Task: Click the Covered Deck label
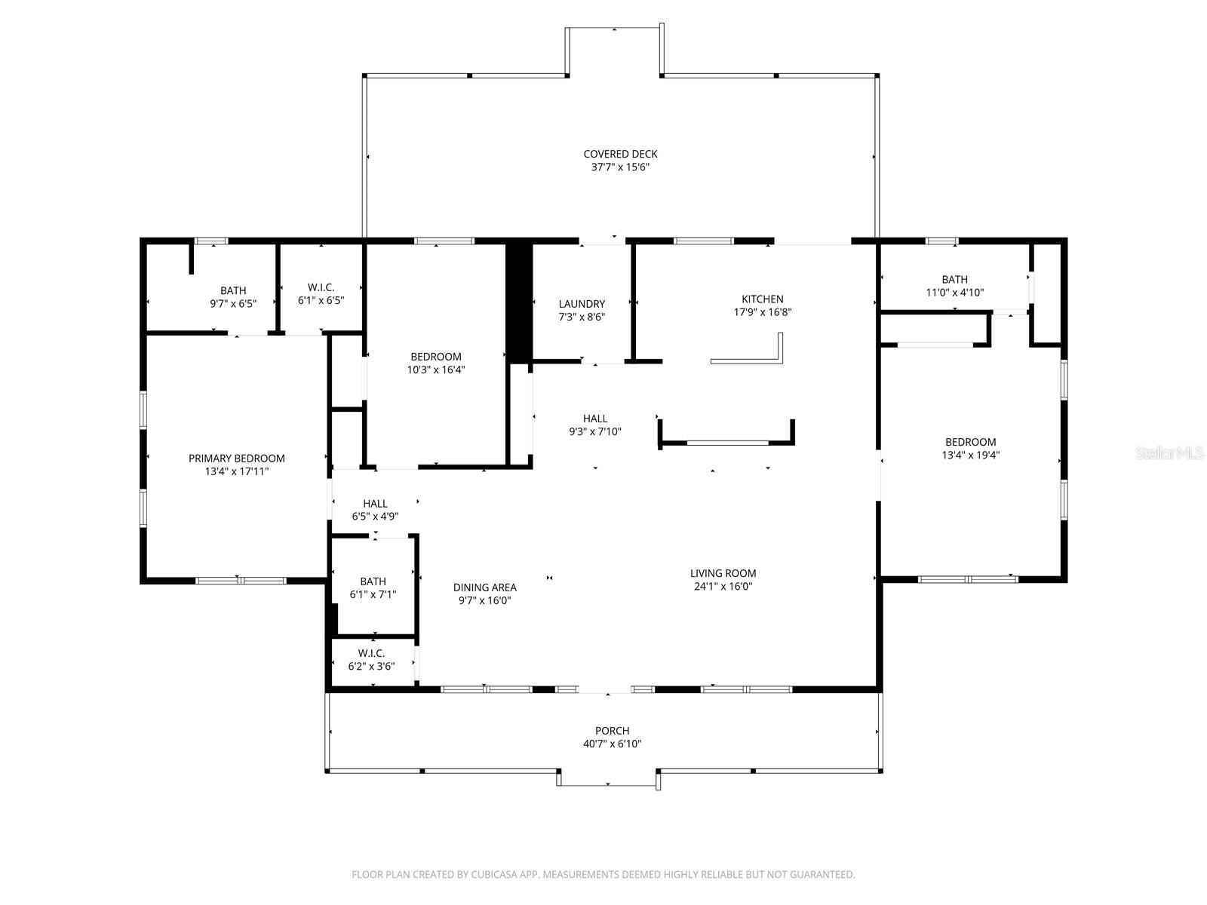tap(620, 154)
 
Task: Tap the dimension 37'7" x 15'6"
tap(620, 167)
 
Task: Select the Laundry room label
tap(582, 304)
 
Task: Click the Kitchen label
tap(762, 299)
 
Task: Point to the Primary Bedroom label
tap(236, 458)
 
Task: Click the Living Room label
tap(723, 573)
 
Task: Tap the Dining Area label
tap(484, 587)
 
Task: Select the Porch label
tap(612, 730)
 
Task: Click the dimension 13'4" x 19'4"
tap(970, 455)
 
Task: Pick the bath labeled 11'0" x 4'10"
tap(954, 279)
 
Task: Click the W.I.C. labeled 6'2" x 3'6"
tap(371, 653)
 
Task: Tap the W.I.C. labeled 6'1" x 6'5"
tap(321, 287)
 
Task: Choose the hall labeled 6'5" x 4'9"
tap(375, 504)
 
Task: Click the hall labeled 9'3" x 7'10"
tap(594, 419)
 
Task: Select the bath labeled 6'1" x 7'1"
tap(373, 581)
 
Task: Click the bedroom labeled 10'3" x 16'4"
tap(435, 357)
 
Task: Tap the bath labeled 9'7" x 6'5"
tap(233, 290)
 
